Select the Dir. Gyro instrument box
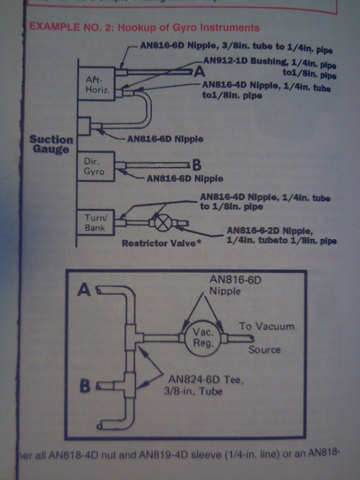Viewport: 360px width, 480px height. (x=96, y=166)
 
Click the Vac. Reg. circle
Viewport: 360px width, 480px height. (x=203, y=337)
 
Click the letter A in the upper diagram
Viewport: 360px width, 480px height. (x=200, y=71)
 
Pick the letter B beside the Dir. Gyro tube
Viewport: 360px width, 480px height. (x=197, y=165)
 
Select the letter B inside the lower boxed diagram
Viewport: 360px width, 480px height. (x=85, y=386)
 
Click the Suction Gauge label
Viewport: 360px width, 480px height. (x=52, y=144)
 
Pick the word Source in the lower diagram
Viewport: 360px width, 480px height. (x=264, y=350)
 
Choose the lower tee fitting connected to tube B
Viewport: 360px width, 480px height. (x=129, y=386)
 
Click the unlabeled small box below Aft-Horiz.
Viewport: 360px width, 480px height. (x=84, y=126)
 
